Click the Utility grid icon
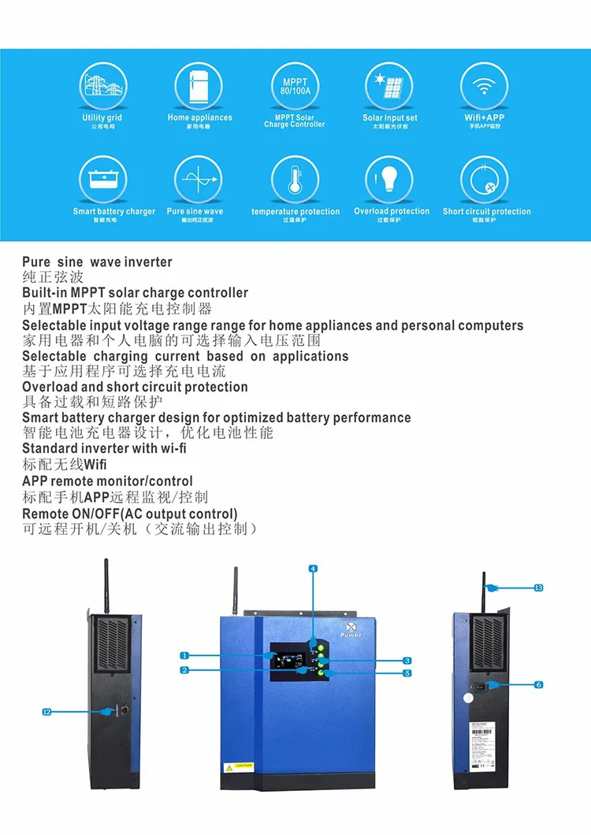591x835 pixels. [102, 87]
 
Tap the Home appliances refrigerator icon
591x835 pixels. [199, 87]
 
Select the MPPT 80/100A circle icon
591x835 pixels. [295, 87]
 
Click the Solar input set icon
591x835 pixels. [389, 87]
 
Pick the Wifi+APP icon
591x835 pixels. [484, 87]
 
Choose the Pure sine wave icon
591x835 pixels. [199, 180]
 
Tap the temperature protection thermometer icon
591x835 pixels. [295, 180]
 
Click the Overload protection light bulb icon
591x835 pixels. [389, 180]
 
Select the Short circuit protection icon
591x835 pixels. [485, 180]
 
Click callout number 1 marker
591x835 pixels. [184, 655]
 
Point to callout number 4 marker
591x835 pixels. [313, 569]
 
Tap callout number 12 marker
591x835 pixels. [46, 712]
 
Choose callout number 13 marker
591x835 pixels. [539, 588]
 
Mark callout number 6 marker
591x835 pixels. [539, 685]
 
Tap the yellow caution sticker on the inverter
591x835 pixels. [239, 765]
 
